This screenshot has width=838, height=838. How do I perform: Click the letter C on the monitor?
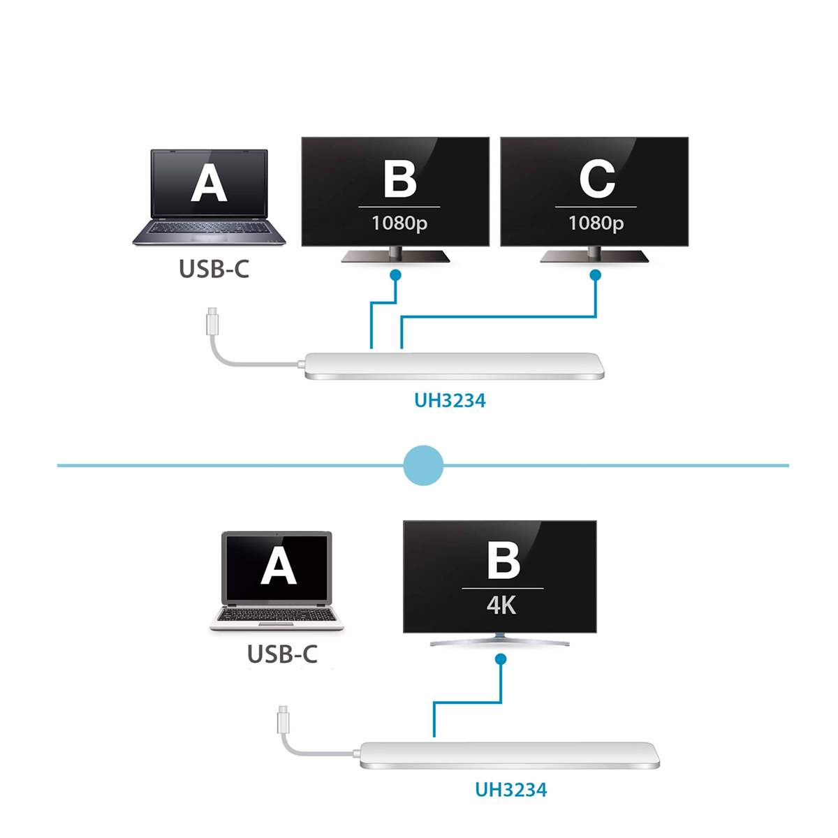click(x=596, y=179)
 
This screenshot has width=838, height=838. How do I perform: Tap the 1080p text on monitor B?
click(x=399, y=223)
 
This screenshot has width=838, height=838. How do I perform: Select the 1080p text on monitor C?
click(x=596, y=223)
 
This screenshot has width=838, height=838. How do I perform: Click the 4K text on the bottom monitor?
click(x=501, y=605)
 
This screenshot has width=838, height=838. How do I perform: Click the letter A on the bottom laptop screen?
click(x=279, y=566)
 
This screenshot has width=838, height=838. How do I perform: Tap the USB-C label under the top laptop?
click(x=214, y=269)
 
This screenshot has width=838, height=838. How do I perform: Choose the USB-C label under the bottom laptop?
click(x=282, y=654)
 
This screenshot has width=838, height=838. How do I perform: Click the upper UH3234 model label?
click(x=450, y=401)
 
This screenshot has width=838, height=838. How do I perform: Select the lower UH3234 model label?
click(x=511, y=790)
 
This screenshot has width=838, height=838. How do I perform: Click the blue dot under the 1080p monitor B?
click(x=395, y=275)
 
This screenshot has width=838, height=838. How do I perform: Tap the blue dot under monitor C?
click(x=596, y=275)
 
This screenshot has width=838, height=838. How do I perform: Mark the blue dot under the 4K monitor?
click(x=501, y=659)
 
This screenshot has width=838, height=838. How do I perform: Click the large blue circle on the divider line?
click(x=423, y=465)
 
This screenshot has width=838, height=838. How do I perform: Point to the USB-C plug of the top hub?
click(x=212, y=321)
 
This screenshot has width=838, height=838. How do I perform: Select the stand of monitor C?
click(x=594, y=254)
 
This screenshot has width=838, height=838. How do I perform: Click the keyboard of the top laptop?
click(x=209, y=228)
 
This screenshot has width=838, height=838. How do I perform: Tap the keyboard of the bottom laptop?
click(x=277, y=615)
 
